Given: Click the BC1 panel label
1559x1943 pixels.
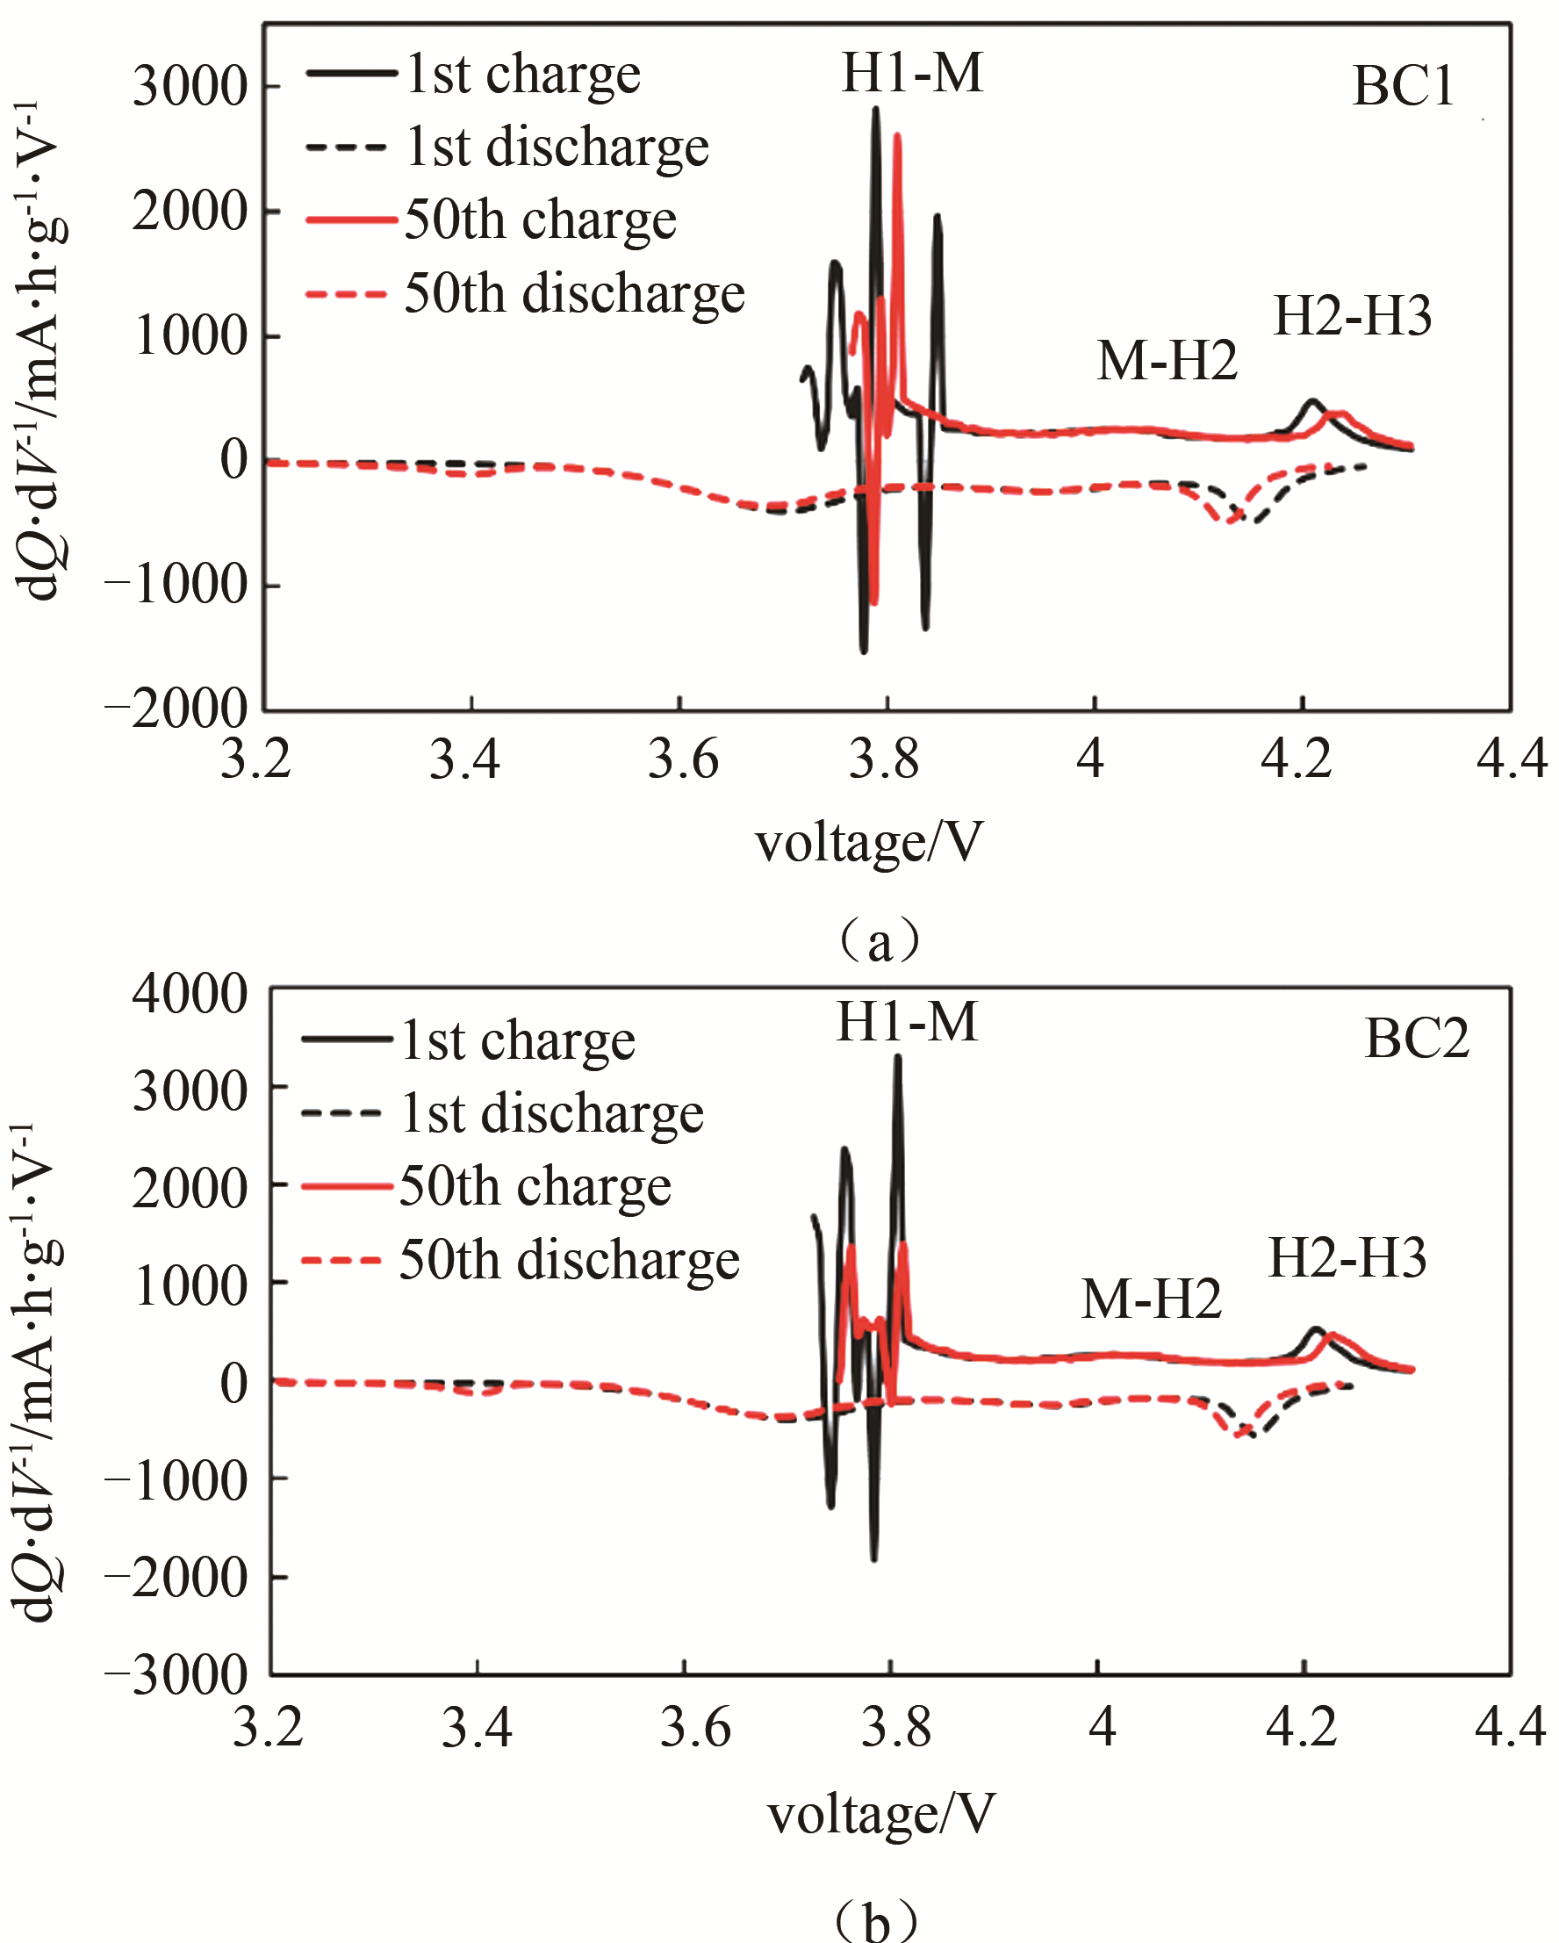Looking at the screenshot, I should pyautogui.click(x=1403, y=88).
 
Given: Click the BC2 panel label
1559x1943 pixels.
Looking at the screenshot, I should pyautogui.click(x=1416, y=1038).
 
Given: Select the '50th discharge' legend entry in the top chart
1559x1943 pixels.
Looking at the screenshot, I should pyautogui.click(x=574, y=294).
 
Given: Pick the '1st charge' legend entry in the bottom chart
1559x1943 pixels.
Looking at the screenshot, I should pyautogui.click(x=517, y=1042).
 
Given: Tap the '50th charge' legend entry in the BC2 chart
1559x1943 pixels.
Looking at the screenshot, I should pyautogui.click(x=535, y=1187).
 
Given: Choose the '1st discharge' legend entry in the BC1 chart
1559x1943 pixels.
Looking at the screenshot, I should pyautogui.click(x=556, y=147).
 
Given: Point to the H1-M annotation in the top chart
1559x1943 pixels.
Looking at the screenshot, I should pyautogui.click(x=911, y=73).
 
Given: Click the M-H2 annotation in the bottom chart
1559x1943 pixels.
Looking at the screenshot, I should pyautogui.click(x=1151, y=1299).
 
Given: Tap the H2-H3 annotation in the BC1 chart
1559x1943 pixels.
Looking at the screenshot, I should pyautogui.click(x=1352, y=316).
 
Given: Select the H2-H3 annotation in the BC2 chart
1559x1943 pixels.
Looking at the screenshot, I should pyautogui.click(x=1347, y=1259).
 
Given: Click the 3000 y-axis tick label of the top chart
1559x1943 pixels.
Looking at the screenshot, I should pyautogui.click(x=190, y=88).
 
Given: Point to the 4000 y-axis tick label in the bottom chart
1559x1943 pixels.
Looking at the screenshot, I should pyautogui.click(x=190, y=994).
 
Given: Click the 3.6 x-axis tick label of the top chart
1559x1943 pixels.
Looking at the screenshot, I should pyautogui.click(x=683, y=759).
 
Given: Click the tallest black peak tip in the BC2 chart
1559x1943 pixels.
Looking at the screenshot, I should pyautogui.click(x=897, y=1057).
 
